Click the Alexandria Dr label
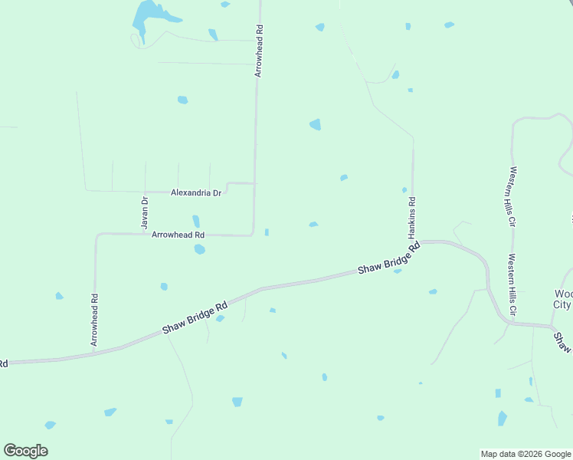pos(196,193)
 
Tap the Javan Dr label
pos(145,212)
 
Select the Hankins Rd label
pos(411,217)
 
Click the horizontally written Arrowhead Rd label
pos(178,235)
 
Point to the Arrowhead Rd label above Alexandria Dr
pos(259,51)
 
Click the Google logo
pos(25,450)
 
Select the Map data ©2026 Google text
pos(525,454)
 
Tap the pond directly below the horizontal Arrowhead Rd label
pos(199,249)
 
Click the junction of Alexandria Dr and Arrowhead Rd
pos(254,183)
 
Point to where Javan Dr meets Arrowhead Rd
pos(145,234)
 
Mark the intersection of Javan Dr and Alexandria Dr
pos(145,191)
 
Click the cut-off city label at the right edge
pos(563,299)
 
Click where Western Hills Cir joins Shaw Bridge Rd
pos(508,324)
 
